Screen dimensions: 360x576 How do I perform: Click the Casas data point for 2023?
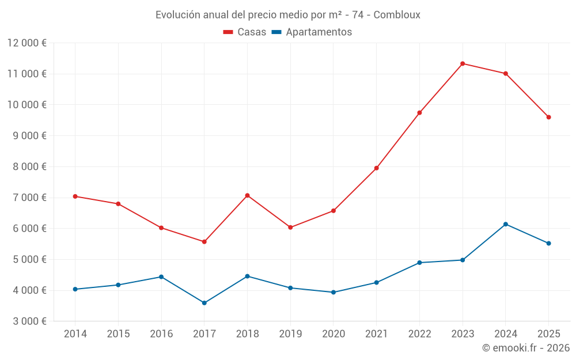[x=463, y=63]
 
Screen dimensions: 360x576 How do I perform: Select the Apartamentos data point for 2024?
[x=506, y=224]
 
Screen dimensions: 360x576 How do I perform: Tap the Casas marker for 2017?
[x=204, y=242]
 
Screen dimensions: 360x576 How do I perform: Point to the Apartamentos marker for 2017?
[x=204, y=303]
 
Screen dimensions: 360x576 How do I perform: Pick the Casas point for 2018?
[x=247, y=195]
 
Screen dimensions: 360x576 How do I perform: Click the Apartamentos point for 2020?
[x=334, y=292]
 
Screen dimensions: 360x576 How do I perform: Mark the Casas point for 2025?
[x=548, y=117]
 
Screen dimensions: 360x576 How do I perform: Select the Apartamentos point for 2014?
[x=75, y=289]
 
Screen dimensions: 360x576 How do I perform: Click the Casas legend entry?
[x=245, y=32]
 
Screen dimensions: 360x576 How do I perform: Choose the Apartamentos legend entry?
[x=312, y=32]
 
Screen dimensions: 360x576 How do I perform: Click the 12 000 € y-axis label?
[x=27, y=43]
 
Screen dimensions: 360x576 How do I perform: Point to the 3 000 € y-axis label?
[x=27, y=321]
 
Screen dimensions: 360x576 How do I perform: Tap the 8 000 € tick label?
[x=27, y=166]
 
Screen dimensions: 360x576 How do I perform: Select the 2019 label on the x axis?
[x=290, y=334]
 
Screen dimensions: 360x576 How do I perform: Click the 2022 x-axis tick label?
[x=419, y=334]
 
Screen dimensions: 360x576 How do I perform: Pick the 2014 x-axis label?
[x=75, y=334]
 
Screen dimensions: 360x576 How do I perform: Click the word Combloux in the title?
[x=397, y=14]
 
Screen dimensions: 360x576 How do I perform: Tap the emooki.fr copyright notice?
[x=525, y=348]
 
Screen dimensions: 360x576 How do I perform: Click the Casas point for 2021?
[x=377, y=168]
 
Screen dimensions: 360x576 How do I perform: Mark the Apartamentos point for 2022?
[x=419, y=263]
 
